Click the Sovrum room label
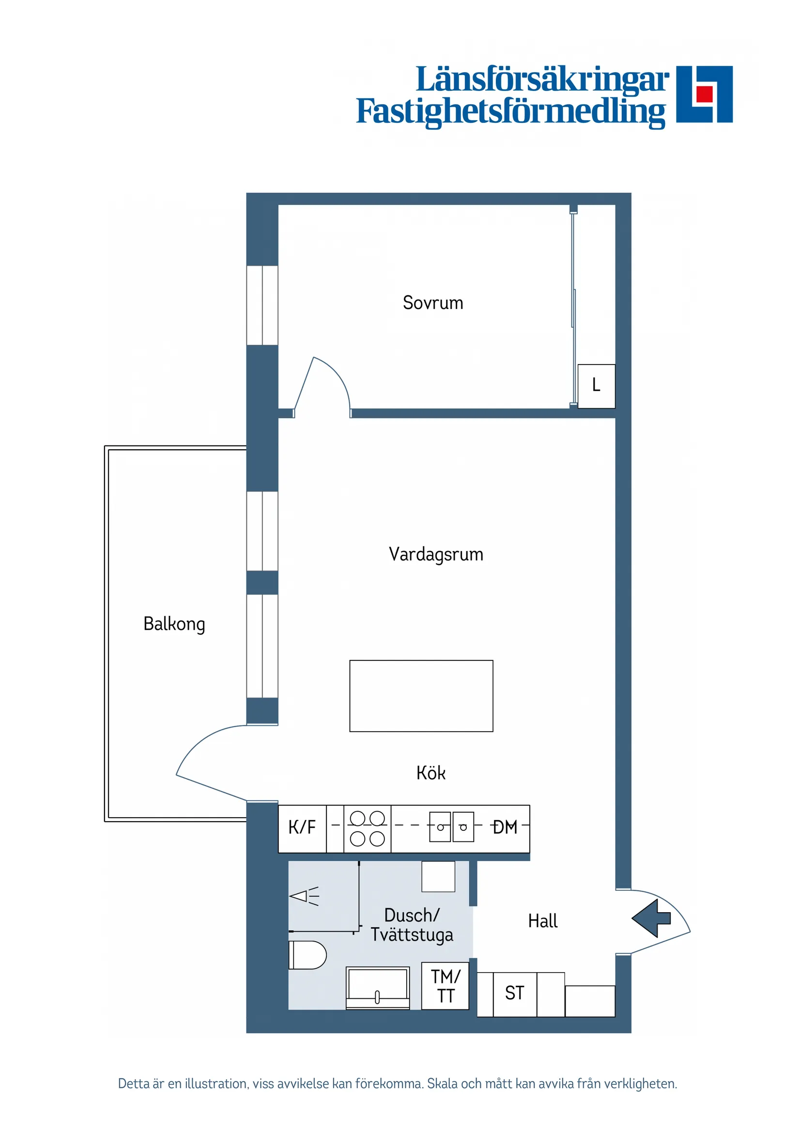[x=433, y=303]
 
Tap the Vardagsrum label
[x=436, y=554]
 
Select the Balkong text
[x=174, y=624]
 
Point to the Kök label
[x=431, y=773]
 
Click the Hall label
[x=542, y=921]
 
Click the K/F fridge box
[x=302, y=827]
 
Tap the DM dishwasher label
[x=505, y=827]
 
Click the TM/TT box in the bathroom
[x=445, y=986]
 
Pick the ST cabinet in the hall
[x=514, y=993]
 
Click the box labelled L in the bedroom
[x=596, y=385]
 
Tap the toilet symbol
[x=307, y=955]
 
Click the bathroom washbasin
[x=378, y=987]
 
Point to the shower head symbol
[x=304, y=896]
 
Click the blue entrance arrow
[x=651, y=918]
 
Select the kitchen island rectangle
[x=421, y=695]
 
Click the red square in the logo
[x=705, y=93]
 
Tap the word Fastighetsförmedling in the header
[x=510, y=112]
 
